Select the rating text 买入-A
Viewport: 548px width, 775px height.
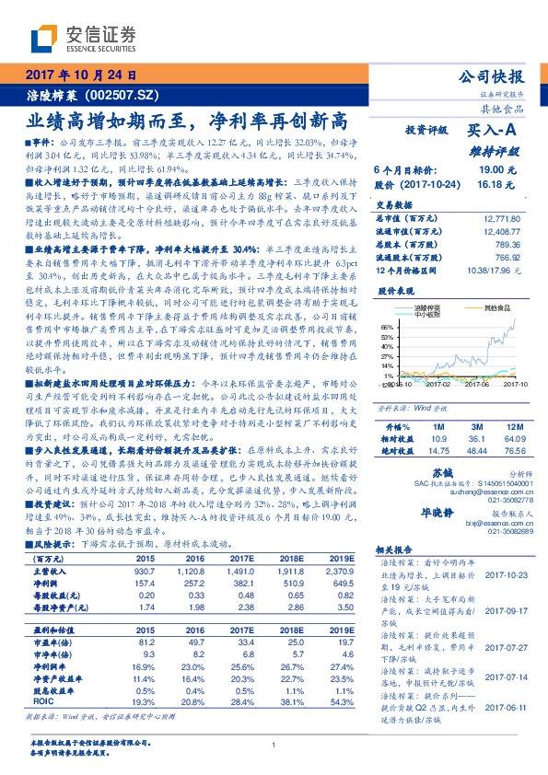[489, 131]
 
